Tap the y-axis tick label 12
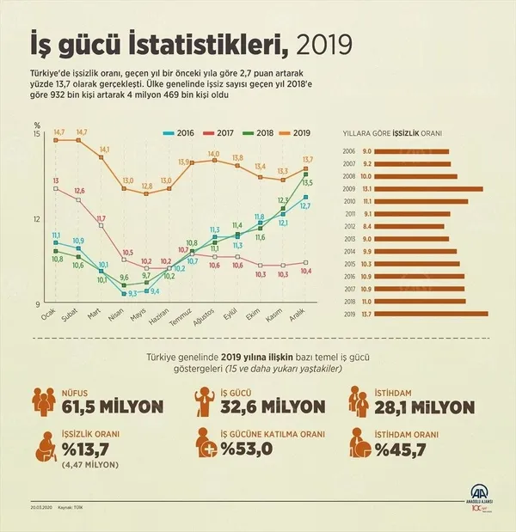[x=37, y=218]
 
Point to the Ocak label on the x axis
[x=49, y=319]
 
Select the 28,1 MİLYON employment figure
[x=424, y=406]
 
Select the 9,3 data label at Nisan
[x=132, y=293]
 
